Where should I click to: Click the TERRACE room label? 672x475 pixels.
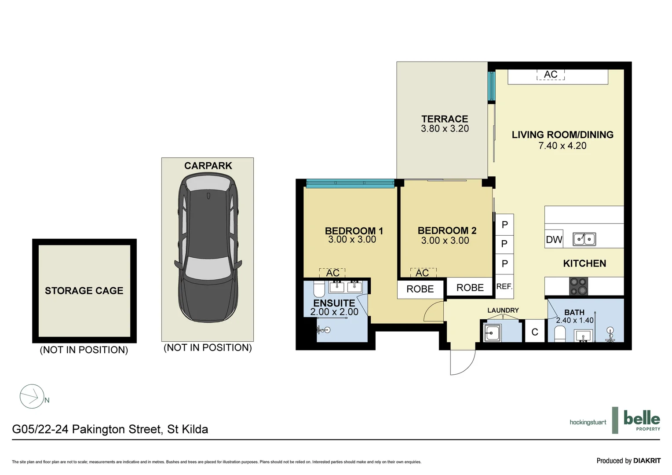pyautogui.click(x=445, y=119)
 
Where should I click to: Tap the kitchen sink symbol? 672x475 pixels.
pyautogui.click(x=584, y=239)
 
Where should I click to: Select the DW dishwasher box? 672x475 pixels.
pyautogui.click(x=554, y=240)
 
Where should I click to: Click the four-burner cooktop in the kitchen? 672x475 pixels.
pyautogui.click(x=578, y=286)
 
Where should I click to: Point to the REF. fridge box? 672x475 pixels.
pyautogui.click(x=504, y=287)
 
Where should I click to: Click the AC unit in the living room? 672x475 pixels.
pyautogui.click(x=551, y=75)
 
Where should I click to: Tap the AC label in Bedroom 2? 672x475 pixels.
pyautogui.click(x=423, y=273)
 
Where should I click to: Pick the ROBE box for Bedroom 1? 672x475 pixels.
pyautogui.click(x=420, y=289)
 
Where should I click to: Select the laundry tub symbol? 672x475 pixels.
pyautogui.click(x=492, y=333)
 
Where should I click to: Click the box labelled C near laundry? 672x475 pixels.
pyautogui.click(x=535, y=332)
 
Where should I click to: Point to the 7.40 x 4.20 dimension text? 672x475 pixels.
pyautogui.click(x=562, y=146)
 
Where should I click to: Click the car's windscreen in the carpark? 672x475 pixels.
pyautogui.click(x=208, y=268)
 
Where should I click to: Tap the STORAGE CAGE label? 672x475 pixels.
pyautogui.click(x=84, y=291)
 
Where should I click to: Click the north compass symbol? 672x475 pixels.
pyautogui.click(x=32, y=397)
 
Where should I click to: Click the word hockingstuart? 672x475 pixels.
pyautogui.click(x=588, y=422)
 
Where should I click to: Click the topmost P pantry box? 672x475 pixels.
pyautogui.click(x=504, y=225)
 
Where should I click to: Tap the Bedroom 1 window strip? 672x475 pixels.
pyautogui.click(x=350, y=184)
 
